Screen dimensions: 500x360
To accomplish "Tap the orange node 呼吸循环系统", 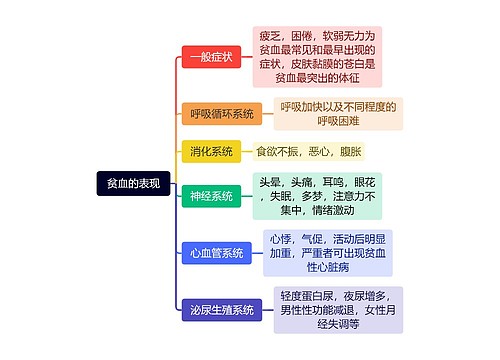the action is (222, 114).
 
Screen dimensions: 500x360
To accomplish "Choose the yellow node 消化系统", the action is (211, 152).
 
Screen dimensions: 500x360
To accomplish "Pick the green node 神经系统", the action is (211, 197).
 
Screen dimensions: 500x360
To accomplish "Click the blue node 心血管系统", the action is (217, 254).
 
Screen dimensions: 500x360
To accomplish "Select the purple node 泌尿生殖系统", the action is (222, 311).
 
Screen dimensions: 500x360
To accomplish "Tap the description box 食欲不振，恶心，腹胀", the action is (309, 152).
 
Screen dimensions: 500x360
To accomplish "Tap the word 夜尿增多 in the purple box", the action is (364, 296).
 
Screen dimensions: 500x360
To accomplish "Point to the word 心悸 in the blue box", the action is (281, 239).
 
